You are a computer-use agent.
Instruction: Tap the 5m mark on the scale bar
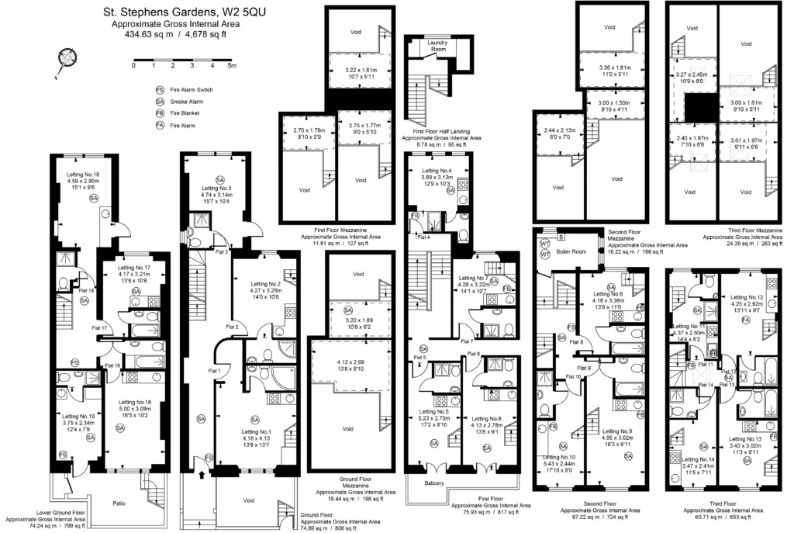pos(232,65)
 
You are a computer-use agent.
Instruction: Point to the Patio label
pos(119,504)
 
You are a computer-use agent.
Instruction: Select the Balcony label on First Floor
pos(433,484)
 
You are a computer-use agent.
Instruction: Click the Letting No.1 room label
pos(256,431)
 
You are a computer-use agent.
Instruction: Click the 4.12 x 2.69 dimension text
pos(350,362)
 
